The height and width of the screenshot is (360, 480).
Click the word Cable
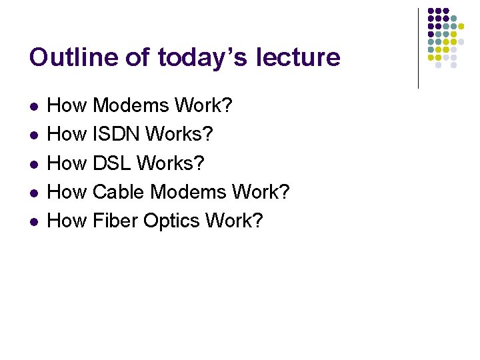click(119, 191)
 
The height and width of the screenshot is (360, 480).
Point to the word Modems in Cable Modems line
click(187, 191)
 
